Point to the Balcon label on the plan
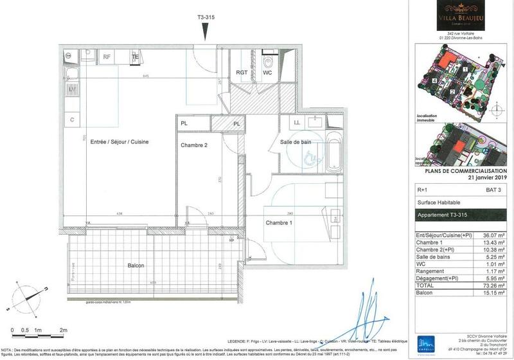(135, 265)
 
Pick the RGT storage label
(242, 73)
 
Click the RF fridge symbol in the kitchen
(107, 57)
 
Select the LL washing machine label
(297, 122)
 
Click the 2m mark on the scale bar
(63, 329)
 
